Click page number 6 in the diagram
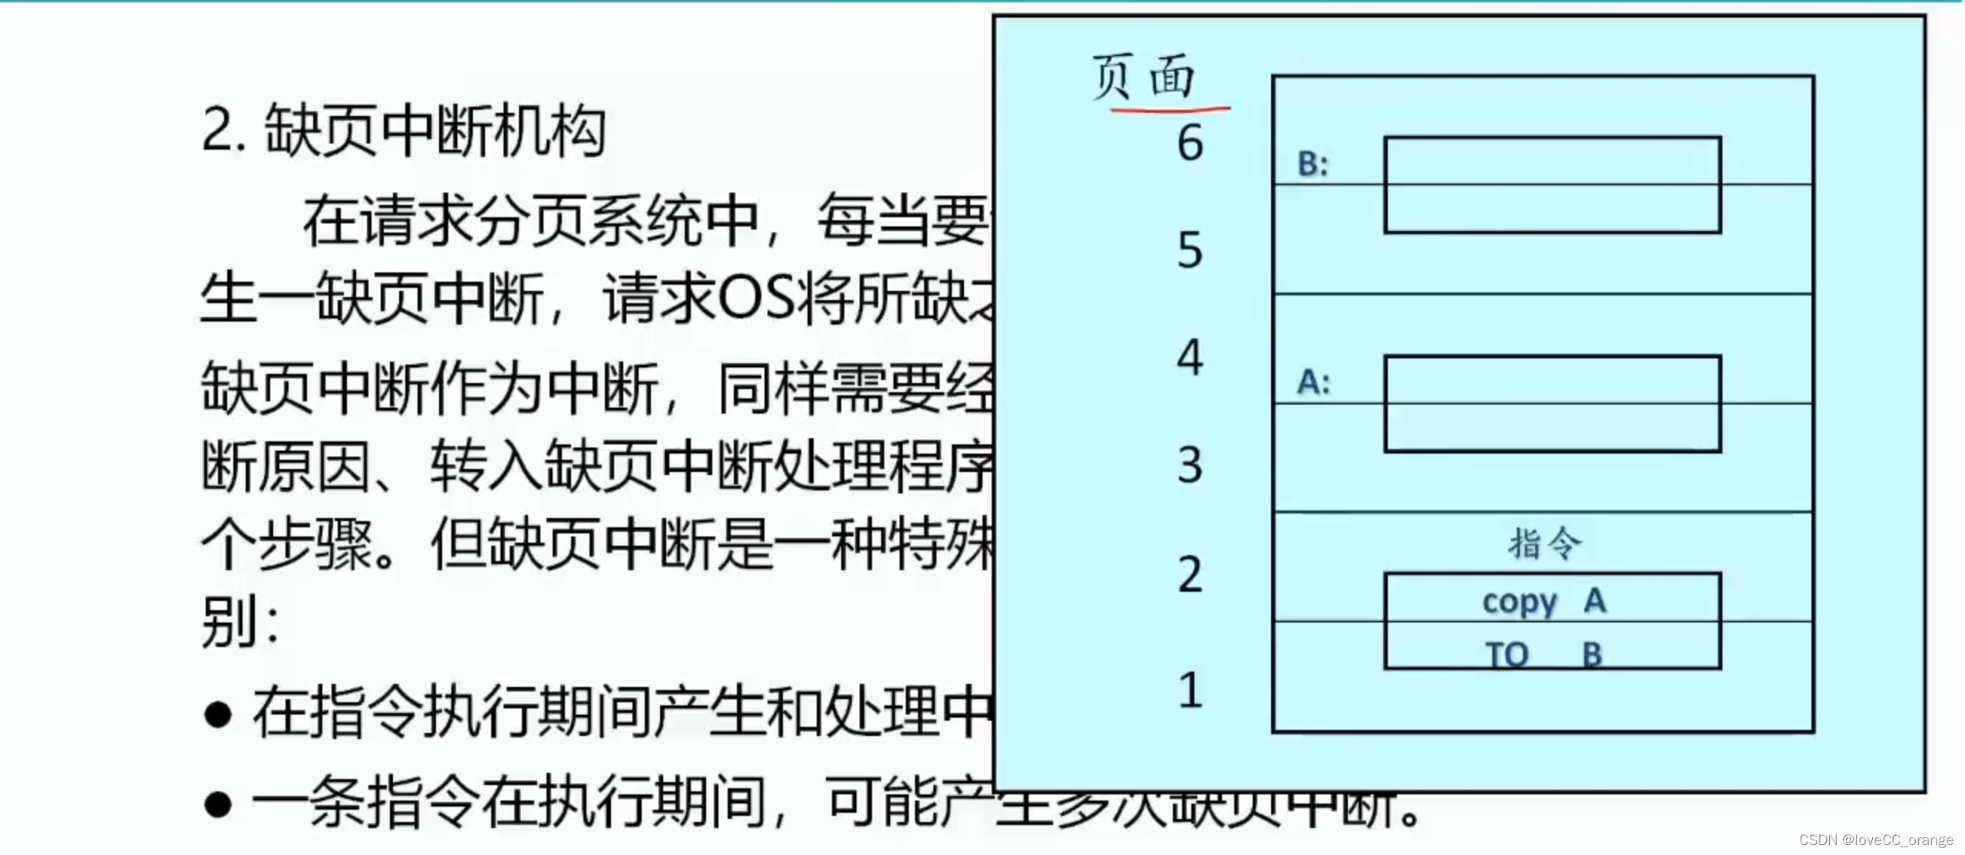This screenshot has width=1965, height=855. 1191,144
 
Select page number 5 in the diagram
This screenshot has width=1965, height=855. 1191,250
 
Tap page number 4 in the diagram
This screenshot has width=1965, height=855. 1191,358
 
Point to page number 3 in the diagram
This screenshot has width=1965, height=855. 1191,465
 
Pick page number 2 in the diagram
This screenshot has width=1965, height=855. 1191,574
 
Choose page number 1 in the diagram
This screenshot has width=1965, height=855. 1191,689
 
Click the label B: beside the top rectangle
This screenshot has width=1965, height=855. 1313,163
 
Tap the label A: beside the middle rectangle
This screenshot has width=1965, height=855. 1313,381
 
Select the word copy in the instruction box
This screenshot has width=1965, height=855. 1519,602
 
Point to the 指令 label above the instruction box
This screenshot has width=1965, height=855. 1544,543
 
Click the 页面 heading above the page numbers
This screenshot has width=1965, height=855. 1144,77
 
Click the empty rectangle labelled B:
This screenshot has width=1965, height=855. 1552,185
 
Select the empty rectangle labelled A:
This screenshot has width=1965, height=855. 1552,404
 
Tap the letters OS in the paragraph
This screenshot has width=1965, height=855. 756,298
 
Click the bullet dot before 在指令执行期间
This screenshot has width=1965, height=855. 219,715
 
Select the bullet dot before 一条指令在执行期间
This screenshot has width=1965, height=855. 219,804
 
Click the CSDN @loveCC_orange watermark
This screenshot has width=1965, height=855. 1876,840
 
